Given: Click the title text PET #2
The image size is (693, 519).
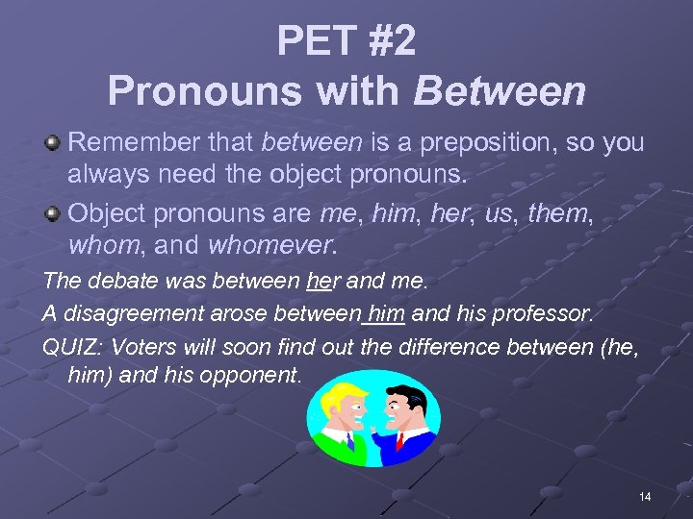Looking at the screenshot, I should [346, 40].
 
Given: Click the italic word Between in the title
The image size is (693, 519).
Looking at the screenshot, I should [500, 91].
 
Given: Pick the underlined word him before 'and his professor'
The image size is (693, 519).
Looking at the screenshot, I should [386, 312].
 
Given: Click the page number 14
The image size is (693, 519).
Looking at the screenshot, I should [644, 496].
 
